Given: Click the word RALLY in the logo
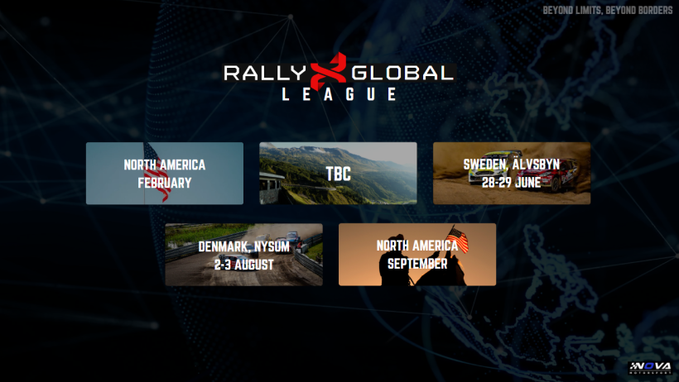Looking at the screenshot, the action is [265, 73].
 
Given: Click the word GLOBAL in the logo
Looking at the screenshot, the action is [402, 73].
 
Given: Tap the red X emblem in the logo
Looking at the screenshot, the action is [329, 71].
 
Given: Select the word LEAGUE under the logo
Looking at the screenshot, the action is [339, 94].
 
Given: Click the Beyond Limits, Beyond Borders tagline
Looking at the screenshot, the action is [608, 10].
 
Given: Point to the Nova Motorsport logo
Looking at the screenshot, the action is [650, 367].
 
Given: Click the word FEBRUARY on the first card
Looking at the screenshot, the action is [165, 183].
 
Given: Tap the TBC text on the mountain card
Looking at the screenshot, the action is [338, 174].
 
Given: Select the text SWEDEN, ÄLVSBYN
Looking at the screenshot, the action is [512, 165].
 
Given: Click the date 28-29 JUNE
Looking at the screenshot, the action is [512, 183].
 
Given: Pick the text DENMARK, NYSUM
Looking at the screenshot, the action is [243, 246].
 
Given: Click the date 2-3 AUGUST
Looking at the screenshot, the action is [243, 265].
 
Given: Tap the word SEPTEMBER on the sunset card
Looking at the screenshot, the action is [417, 264].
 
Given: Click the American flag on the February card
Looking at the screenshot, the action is [157, 172].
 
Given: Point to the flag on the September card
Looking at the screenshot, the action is [458, 238].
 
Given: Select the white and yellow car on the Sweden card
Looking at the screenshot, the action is [494, 166].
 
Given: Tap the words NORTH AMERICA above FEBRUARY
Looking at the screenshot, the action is [165, 165].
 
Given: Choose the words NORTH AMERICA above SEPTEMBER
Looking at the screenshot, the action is [417, 246].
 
